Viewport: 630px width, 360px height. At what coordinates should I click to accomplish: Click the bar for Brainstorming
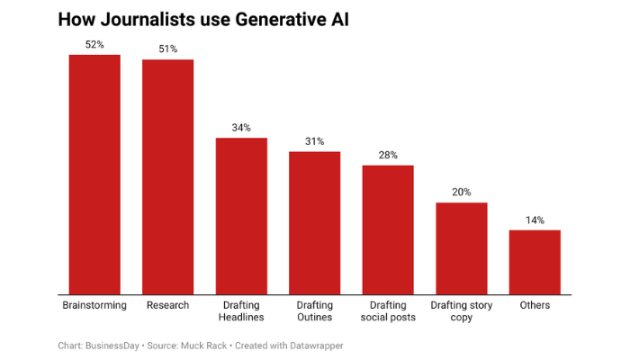(x=94, y=174)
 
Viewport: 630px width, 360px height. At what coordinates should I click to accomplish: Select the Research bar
(x=168, y=176)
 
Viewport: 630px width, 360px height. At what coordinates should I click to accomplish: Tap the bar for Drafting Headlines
(x=241, y=215)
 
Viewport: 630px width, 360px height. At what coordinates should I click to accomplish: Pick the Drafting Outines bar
(x=315, y=222)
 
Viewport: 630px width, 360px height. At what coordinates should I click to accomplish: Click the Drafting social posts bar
(x=388, y=229)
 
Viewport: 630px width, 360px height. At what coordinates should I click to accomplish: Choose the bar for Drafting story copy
(x=462, y=247)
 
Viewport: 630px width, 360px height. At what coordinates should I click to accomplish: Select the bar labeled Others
(x=535, y=261)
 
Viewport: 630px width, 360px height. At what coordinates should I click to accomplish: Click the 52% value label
(x=94, y=44)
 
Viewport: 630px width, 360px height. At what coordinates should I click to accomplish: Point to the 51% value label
(x=168, y=49)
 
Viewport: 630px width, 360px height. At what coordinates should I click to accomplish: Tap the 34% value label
(x=241, y=127)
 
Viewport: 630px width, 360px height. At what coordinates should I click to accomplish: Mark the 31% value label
(x=315, y=141)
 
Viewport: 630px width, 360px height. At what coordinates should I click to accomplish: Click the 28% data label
(x=388, y=155)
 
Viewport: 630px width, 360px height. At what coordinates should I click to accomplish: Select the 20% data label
(x=462, y=192)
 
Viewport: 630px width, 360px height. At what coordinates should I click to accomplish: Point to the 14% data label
(x=535, y=220)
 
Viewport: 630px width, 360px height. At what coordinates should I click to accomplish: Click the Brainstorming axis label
(x=94, y=305)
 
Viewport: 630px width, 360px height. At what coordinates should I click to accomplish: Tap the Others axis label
(x=535, y=305)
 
